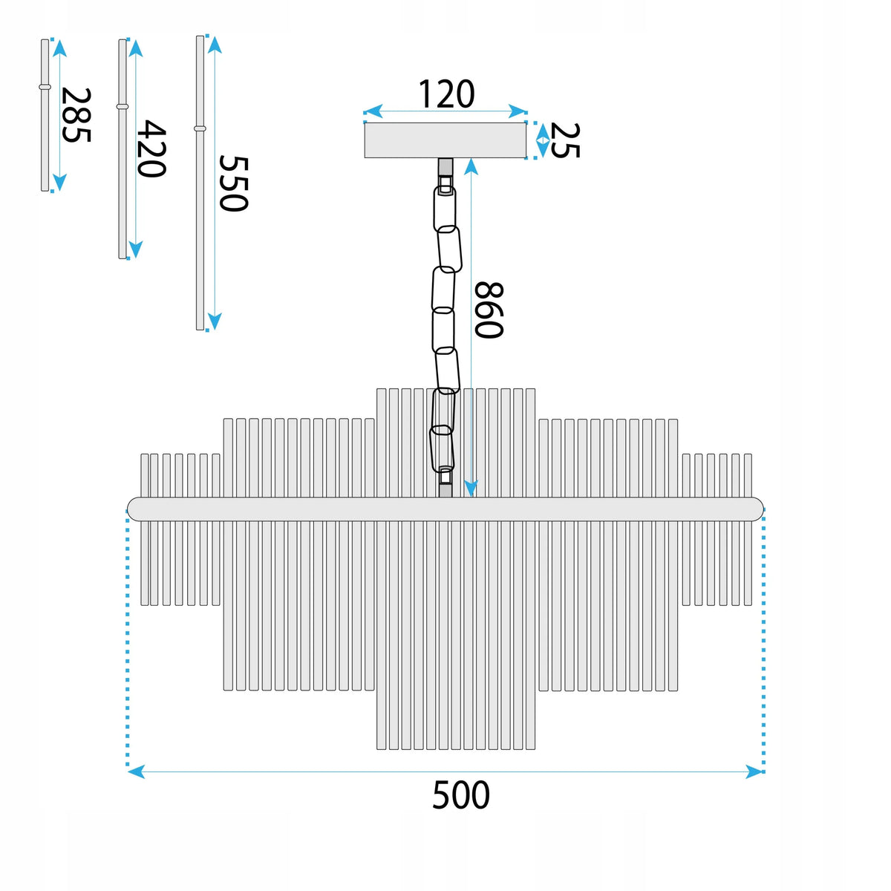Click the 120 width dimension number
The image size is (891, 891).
click(x=446, y=94)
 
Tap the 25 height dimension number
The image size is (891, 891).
click(x=565, y=140)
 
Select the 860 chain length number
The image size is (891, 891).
click(x=489, y=310)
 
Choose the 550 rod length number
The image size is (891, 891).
click(x=233, y=183)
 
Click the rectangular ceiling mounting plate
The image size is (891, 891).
click(x=445, y=140)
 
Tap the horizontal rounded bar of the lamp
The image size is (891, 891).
click(x=445, y=509)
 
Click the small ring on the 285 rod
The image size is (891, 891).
click(x=45, y=87)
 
